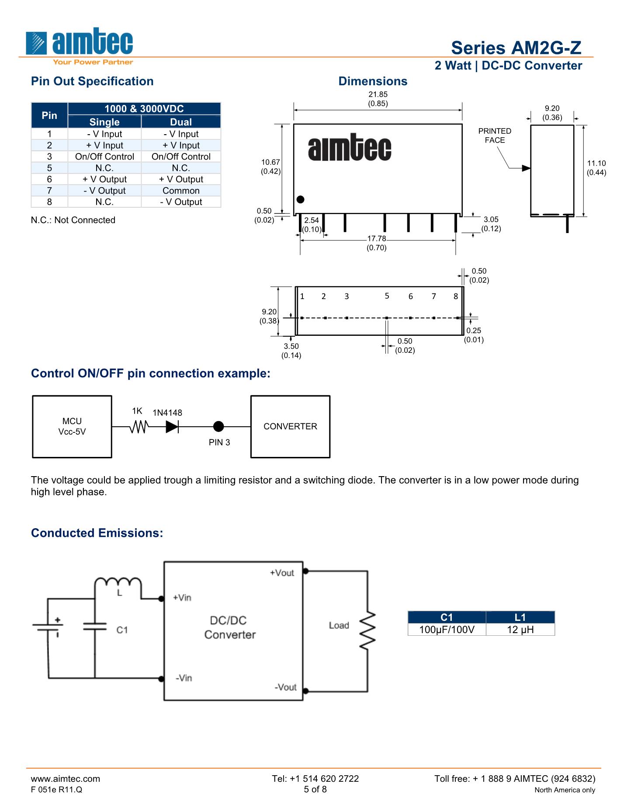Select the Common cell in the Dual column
[181, 191]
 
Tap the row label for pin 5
[49, 168]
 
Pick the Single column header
[104, 122]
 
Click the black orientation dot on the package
[300, 199]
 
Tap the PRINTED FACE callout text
[494, 136]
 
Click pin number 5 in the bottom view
[387, 296]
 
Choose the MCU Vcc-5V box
[72, 426]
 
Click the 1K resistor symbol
[139, 426]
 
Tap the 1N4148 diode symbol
[172, 426]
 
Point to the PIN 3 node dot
[218, 426]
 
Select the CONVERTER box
[290, 426]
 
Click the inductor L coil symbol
[118, 584]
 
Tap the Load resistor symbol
[368, 630]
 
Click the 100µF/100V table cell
[447, 630]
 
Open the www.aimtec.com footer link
[66, 778]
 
